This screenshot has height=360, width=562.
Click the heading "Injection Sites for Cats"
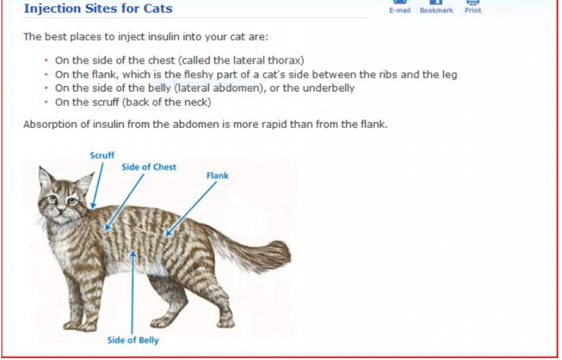98,8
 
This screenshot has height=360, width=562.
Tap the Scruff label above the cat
102,155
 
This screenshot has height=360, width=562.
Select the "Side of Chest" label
149,167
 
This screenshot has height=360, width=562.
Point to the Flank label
217,176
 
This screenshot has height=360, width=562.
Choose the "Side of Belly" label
133,340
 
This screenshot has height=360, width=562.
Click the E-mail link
400,11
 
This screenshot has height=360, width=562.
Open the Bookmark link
436,11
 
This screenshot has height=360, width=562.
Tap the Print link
473,11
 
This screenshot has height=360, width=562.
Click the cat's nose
60,207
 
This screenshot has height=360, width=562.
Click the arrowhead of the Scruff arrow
93,205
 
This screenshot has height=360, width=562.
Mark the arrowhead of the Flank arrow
169,233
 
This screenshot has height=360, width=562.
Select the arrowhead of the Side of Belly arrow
133,255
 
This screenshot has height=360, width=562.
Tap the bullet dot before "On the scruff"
46,102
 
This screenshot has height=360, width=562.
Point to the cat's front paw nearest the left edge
74,327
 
